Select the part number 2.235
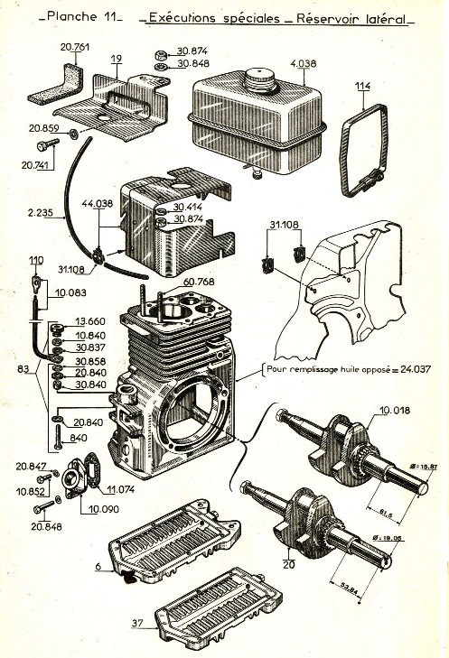pos(42,214)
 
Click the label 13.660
pos(90,320)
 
